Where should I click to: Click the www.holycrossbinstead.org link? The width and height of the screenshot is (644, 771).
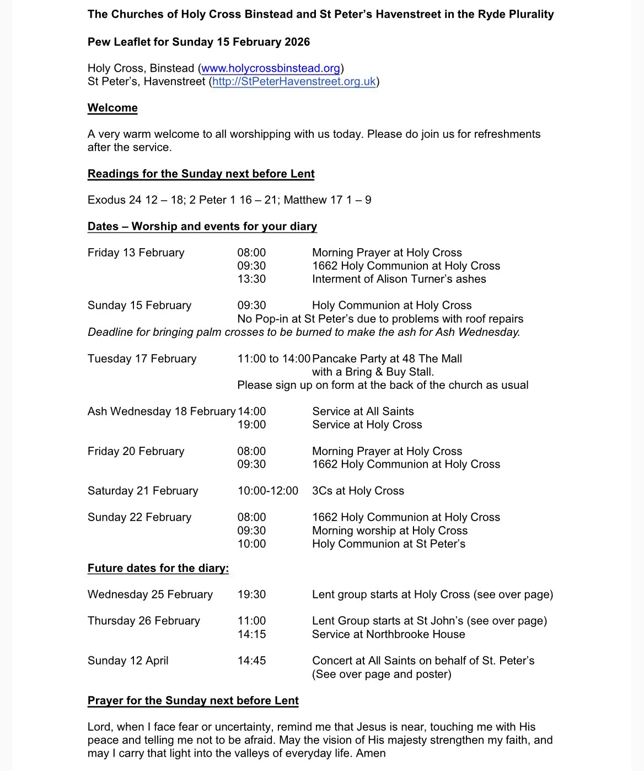click(270, 68)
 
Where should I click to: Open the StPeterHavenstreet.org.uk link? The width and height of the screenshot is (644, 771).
click(293, 82)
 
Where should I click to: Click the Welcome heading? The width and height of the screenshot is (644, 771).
click(112, 108)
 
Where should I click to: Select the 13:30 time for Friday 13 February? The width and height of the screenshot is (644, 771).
click(251, 279)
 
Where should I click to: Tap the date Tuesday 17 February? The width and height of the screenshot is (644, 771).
click(142, 358)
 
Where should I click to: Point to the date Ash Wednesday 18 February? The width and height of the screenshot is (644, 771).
click(161, 411)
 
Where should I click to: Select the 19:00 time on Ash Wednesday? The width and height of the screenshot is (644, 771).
click(251, 425)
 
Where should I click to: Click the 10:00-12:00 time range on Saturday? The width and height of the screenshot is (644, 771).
click(267, 491)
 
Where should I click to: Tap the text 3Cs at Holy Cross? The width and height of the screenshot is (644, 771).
click(358, 491)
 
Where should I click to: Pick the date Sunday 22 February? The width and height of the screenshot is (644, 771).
click(139, 517)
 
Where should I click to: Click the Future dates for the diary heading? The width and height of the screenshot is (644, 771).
click(158, 568)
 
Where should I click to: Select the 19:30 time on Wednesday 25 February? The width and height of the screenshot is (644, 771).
click(251, 595)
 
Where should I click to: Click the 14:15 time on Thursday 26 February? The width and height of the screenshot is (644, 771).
click(251, 634)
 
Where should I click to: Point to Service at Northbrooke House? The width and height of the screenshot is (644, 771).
click(388, 634)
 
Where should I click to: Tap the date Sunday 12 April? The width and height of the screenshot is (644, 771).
click(128, 661)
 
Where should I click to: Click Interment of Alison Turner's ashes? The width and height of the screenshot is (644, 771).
click(399, 279)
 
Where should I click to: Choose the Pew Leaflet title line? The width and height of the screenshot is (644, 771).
click(198, 42)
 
